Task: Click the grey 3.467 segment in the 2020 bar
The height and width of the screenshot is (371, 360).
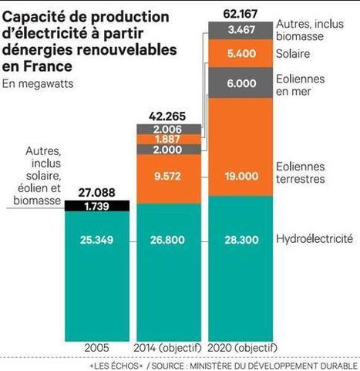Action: click(x=241, y=29)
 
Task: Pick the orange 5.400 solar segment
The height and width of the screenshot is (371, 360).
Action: click(x=241, y=54)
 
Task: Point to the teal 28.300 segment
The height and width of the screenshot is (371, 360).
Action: click(x=241, y=241)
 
